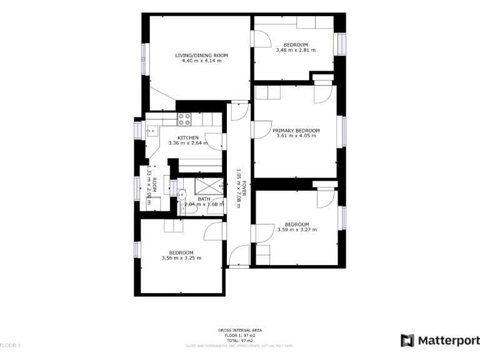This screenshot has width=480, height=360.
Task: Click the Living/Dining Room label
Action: click(201, 56)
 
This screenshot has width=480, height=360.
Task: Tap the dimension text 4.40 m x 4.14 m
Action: click(201, 61)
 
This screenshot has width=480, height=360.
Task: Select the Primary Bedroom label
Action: click(296, 131)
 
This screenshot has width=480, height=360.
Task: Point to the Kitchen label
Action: click(188, 137)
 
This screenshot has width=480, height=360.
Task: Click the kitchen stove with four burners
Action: click(184, 119)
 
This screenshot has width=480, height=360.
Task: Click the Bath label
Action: click(204, 199)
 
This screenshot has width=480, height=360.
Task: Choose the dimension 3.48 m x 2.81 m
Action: click(296, 50)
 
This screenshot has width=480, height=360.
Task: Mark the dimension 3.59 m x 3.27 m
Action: click(297, 229)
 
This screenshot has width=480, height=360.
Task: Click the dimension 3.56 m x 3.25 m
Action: click(181, 258)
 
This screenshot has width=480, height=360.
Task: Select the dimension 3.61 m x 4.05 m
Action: click(296, 136)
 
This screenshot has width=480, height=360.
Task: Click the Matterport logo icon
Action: click(407, 341)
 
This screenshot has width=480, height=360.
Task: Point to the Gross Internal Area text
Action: click(240, 330)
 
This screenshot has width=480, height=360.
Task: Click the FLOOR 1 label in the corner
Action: click(11, 345)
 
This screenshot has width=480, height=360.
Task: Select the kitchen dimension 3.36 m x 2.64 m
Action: click(188, 143)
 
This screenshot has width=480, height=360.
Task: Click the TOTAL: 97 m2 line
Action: click(240, 339)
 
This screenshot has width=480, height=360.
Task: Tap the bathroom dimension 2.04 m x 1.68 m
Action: click(204, 204)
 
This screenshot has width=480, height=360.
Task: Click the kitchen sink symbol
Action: click(152, 131)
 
